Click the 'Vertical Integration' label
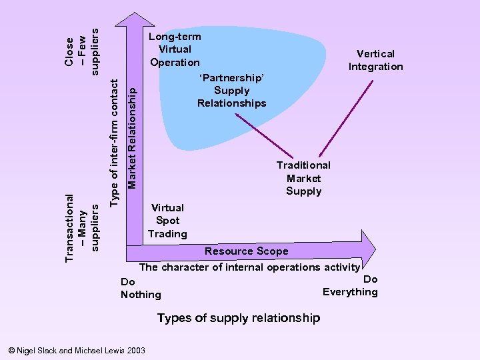pos(375,60)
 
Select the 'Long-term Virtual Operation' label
pos(175,49)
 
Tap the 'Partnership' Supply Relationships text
pos(231,91)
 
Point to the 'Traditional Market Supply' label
pos(303,178)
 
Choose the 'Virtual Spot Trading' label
pos(167,221)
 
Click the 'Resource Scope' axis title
pos(246,251)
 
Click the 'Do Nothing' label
pos(141,288)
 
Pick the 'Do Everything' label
pos(351,285)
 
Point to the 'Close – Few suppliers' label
pos(81,51)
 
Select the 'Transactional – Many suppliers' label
pos(81,218)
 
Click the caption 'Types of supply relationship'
pos(238,318)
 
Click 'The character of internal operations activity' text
pos(249,267)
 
